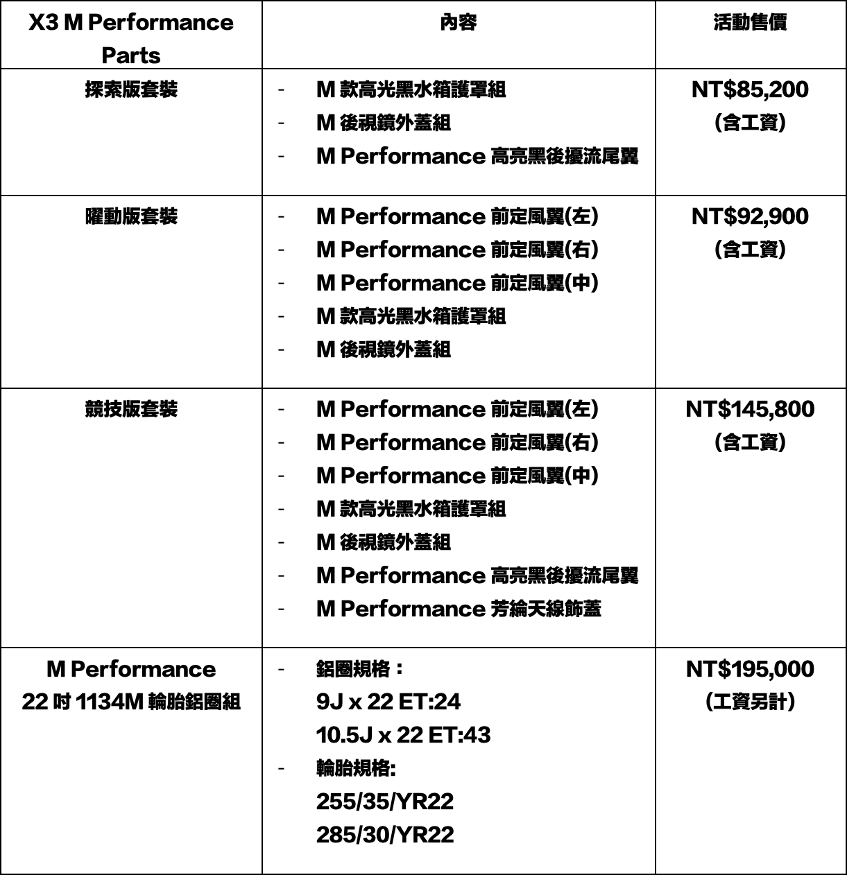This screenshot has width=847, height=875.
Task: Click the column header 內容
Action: click(x=459, y=23)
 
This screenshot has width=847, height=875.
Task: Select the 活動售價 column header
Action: click(x=750, y=23)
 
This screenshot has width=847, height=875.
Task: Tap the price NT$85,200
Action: click(x=750, y=90)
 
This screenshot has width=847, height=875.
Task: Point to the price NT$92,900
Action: click(x=750, y=217)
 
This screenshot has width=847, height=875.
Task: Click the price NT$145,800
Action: click(x=750, y=410)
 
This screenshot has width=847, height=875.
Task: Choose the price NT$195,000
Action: click(x=750, y=670)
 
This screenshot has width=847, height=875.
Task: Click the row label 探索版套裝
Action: click(x=131, y=90)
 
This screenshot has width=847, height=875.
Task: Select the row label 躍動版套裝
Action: click(x=131, y=217)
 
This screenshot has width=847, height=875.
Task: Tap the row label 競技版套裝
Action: click(x=131, y=410)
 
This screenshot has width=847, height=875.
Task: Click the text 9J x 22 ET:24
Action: click(x=388, y=702)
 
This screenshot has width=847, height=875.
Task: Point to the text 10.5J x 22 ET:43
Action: click(x=403, y=735)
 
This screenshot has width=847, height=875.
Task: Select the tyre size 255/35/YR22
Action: click(x=384, y=802)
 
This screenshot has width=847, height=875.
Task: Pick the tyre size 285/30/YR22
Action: click(x=384, y=835)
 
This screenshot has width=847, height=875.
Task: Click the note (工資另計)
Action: click(x=750, y=702)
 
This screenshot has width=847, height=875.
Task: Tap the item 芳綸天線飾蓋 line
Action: click(x=459, y=609)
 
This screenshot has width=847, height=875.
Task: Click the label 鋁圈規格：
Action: click(x=360, y=670)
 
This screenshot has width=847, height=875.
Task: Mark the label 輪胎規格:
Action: click(x=356, y=768)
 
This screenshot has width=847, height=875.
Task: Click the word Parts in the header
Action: click(x=131, y=55)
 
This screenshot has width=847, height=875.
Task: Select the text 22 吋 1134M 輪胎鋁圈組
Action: click(x=131, y=702)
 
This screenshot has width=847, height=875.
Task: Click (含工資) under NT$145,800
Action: click(x=750, y=442)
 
